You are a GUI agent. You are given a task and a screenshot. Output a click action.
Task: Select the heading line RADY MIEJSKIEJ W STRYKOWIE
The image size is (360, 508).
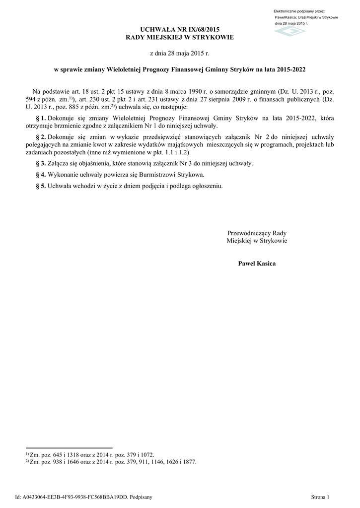pyautogui.click(x=180, y=38)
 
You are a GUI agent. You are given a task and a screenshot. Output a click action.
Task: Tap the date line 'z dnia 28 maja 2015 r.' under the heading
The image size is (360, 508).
pyautogui.click(x=180, y=53)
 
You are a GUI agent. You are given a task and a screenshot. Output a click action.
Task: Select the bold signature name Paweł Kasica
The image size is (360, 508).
pyautogui.click(x=257, y=263)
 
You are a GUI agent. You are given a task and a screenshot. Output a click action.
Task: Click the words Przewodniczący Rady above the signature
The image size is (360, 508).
pyautogui.click(x=257, y=233)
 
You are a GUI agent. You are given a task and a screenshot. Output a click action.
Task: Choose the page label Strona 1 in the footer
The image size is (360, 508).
pyautogui.click(x=320, y=496)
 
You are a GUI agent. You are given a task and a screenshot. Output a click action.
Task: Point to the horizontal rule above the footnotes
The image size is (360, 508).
pyautogui.click(x=69, y=447)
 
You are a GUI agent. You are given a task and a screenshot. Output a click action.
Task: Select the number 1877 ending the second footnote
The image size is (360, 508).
pyautogui.click(x=189, y=461)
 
